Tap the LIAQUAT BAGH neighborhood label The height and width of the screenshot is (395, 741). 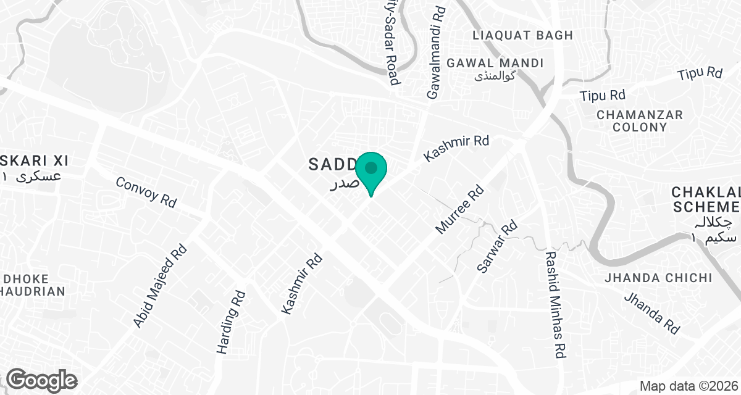(x=522, y=35)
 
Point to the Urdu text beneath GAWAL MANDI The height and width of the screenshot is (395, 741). (x=495, y=77)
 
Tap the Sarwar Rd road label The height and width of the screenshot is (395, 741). (x=496, y=247)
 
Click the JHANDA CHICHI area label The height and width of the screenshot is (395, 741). (x=659, y=278)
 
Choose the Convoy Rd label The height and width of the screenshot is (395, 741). (x=146, y=192)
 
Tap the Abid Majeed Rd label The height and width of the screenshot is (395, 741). (x=159, y=286)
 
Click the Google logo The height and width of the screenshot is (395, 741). (x=42, y=380)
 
